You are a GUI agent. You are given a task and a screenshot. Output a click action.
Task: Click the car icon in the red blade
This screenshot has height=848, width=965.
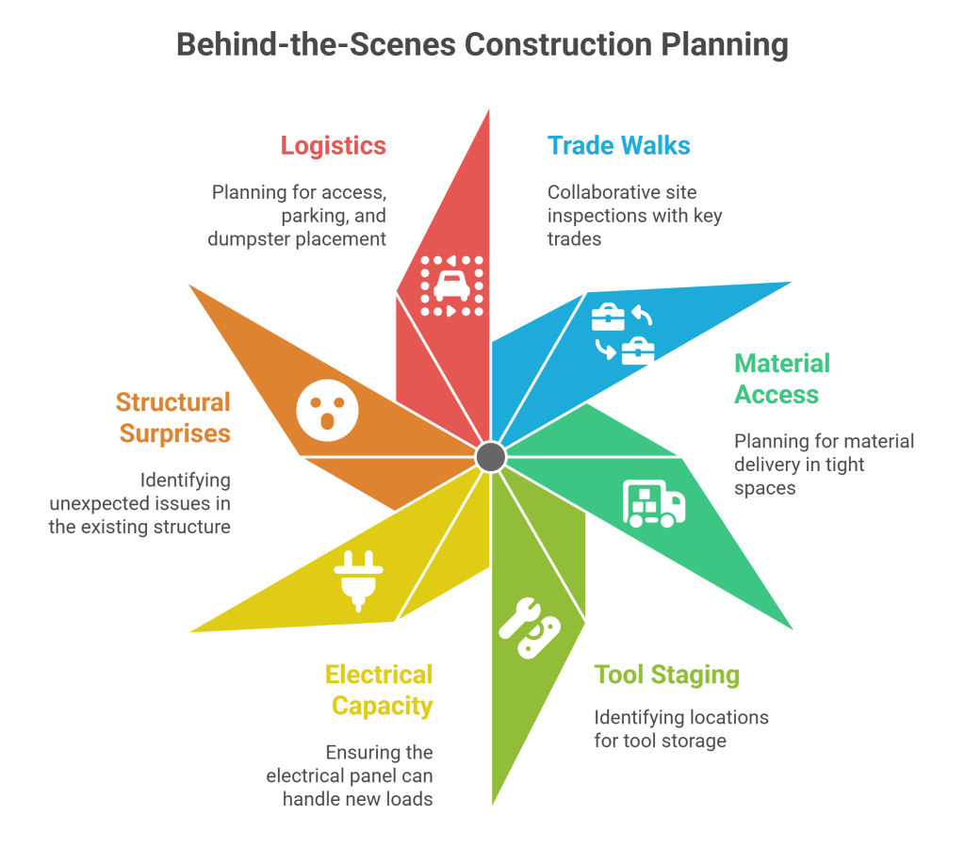point(451,285)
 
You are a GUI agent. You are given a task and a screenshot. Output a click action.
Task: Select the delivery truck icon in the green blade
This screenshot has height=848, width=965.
point(653,502)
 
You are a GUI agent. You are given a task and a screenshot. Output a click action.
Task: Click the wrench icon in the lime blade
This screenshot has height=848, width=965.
point(529,628)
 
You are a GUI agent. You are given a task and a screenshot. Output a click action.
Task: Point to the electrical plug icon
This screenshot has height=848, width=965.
point(355,579)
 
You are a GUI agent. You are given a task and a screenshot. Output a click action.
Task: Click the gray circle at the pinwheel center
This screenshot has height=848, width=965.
point(490,457)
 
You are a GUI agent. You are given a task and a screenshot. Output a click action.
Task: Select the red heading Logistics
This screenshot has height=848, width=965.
point(333,146)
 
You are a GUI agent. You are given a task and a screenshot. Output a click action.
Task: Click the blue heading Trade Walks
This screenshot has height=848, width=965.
point(619,146)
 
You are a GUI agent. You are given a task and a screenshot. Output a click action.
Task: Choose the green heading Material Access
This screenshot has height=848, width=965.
point(782,379)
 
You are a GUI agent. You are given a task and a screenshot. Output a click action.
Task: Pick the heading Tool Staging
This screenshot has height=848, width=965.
point(666,675)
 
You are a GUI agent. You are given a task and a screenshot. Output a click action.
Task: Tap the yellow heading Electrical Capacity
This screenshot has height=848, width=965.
point(379,690)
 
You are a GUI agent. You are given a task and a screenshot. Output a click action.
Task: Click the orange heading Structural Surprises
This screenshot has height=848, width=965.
point(173,417)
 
